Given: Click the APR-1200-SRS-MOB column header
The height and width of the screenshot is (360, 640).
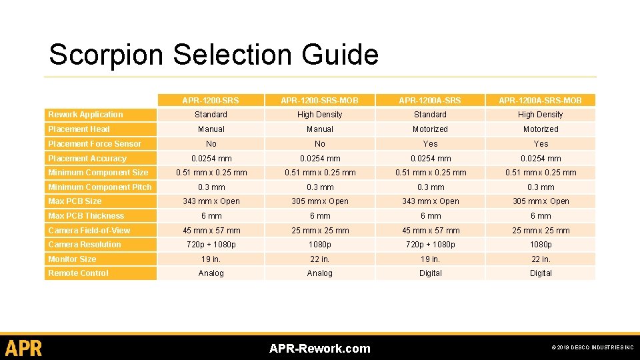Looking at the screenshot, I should point(319,101).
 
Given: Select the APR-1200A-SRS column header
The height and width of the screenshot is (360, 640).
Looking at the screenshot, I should point(430,101).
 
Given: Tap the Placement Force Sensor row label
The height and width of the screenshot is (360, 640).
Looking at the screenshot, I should point(95,144).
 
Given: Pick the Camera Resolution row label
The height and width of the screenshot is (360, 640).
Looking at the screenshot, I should point(85,245).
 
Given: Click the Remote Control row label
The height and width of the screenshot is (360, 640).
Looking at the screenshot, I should point(78,273).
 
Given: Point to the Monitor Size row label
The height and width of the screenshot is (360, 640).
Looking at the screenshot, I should point(72,259).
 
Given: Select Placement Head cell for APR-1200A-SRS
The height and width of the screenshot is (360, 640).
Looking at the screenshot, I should point(430,129).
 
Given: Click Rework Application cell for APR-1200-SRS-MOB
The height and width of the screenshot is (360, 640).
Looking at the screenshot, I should point(319,115).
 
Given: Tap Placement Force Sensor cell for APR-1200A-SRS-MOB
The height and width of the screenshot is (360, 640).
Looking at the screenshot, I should point(541,144).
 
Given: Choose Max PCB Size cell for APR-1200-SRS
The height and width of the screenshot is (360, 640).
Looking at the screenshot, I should point(211,201).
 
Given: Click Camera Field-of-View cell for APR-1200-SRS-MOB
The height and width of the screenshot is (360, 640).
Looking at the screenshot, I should point(319,231).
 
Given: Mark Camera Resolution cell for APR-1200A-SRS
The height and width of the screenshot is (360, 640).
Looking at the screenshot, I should point(430,245).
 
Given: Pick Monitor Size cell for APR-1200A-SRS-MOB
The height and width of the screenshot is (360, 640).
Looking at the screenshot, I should point(541,259).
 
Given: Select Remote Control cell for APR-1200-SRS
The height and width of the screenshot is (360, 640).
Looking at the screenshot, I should point(211,273).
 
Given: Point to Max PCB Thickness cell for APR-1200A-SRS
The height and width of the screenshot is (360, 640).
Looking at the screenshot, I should point(430,216).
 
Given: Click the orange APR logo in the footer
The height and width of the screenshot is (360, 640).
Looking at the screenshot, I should point(23,348).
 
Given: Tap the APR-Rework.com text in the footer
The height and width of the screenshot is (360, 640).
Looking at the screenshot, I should point(319,349).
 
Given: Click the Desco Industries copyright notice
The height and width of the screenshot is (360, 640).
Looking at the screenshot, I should point(592,348).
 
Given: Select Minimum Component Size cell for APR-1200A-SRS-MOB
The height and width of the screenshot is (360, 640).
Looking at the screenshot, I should point(541,173).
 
